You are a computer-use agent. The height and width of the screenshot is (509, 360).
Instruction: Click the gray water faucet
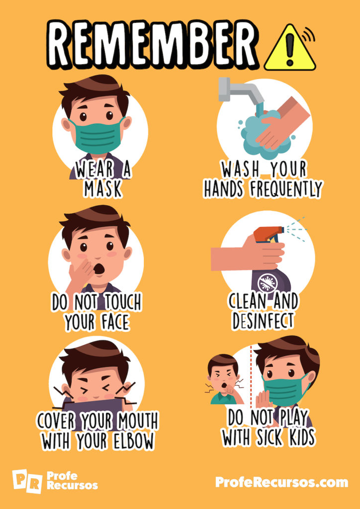click(x=239, y=92)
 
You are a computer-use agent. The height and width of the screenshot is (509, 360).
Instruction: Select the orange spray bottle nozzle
click(x=269, y=233)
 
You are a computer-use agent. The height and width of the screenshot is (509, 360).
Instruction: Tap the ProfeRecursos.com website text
click(x=281, y=482)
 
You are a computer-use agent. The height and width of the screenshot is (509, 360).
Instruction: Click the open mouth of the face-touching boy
click(x=99, y=269)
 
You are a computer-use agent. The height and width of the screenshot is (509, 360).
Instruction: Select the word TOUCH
click(x=122, y=302)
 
